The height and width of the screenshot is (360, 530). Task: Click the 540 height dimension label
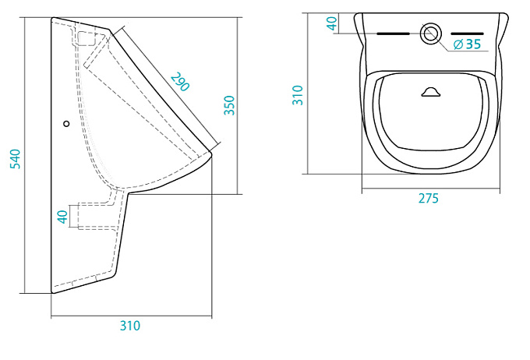pos(16,159)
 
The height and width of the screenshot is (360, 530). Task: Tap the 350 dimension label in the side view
pos(229,105)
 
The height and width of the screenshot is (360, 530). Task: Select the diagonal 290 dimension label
pos(179,82)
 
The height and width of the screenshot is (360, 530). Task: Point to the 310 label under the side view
pos(130,326)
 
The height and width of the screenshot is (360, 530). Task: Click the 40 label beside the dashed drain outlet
pos(63,217)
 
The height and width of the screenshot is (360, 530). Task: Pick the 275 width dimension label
pos(428,199)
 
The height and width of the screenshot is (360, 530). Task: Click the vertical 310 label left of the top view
pos(298,95)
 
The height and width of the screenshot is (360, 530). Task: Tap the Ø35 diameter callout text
pos(467,44)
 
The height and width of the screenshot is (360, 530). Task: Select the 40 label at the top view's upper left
pos(332,23)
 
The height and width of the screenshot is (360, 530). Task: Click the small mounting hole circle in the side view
pos(66,124)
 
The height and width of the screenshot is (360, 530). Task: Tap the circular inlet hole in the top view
pos(430,34)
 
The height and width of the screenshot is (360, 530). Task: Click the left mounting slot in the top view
pos(393,34)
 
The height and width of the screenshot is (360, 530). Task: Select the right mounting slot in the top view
pos(468,34)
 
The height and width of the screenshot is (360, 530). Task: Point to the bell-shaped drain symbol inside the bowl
pos(431,92)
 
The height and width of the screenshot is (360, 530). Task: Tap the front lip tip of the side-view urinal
pos(211,154)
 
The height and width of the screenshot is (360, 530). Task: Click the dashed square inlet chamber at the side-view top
pos(87,39)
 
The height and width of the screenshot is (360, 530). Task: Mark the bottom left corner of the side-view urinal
pos(52,292)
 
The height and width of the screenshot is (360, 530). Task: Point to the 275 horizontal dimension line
pos(431,189)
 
